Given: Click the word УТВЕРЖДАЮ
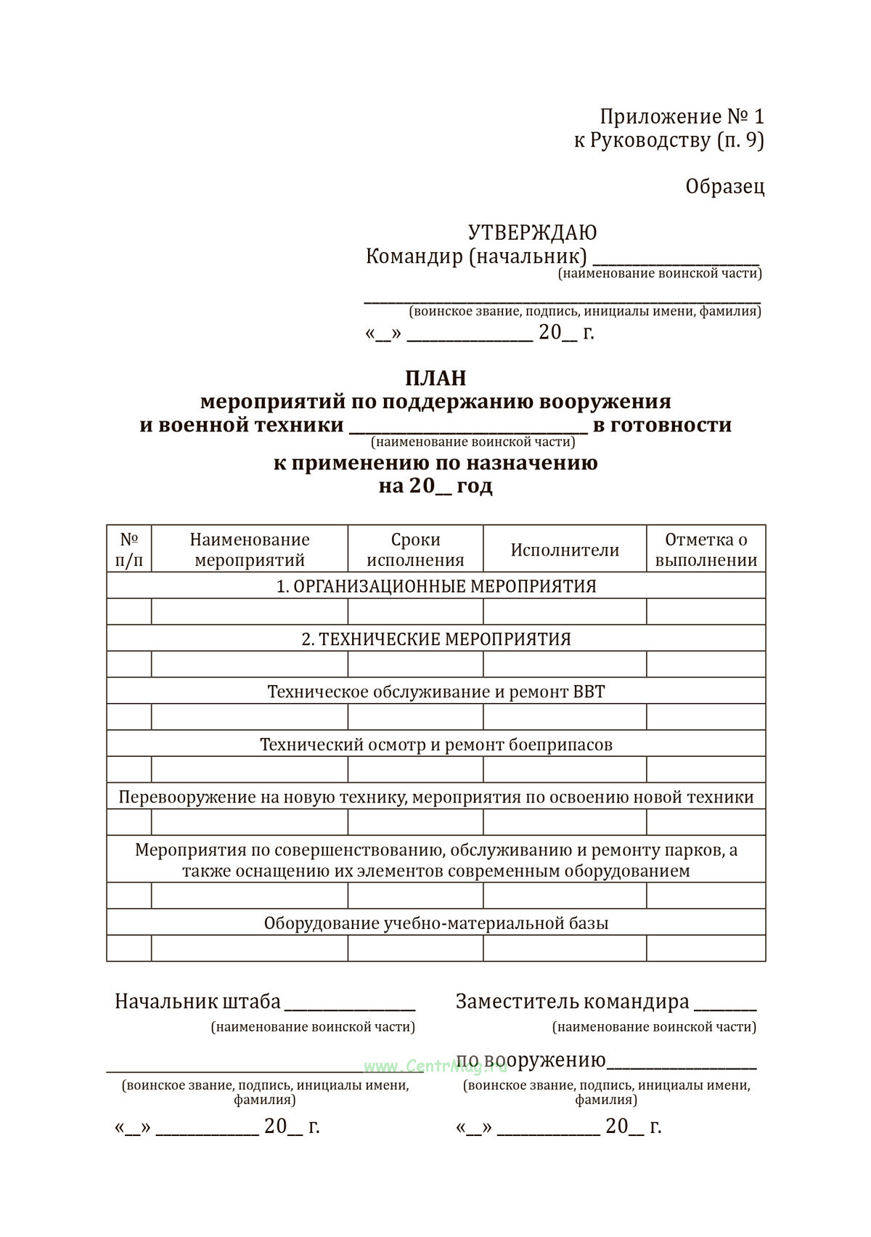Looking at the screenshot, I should (532, 232).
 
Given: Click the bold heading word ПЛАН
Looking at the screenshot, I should (435, 378).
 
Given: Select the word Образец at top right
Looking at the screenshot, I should (724, 187).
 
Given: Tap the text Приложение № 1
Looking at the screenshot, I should (682, 116).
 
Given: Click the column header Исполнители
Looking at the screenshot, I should (565, 550).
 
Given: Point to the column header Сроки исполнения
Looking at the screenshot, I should (415, 550).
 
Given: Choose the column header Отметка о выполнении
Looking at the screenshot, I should (706, 550).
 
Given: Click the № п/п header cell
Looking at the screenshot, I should (129, 550).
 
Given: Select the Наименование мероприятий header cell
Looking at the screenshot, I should (250, 550).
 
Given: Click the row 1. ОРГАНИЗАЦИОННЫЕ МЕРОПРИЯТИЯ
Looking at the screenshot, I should (435, 586).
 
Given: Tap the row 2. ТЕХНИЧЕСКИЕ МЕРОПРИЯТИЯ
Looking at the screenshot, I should (435, 639).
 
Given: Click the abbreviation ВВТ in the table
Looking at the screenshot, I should (588, 691).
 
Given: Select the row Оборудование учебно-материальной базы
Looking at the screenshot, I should (435, 923).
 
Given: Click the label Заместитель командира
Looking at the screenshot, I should (572, 1002).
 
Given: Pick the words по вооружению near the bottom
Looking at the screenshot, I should (531, 1060).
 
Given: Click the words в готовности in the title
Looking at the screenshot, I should (662, 425).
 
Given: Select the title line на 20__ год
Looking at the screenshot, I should (435, 486).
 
